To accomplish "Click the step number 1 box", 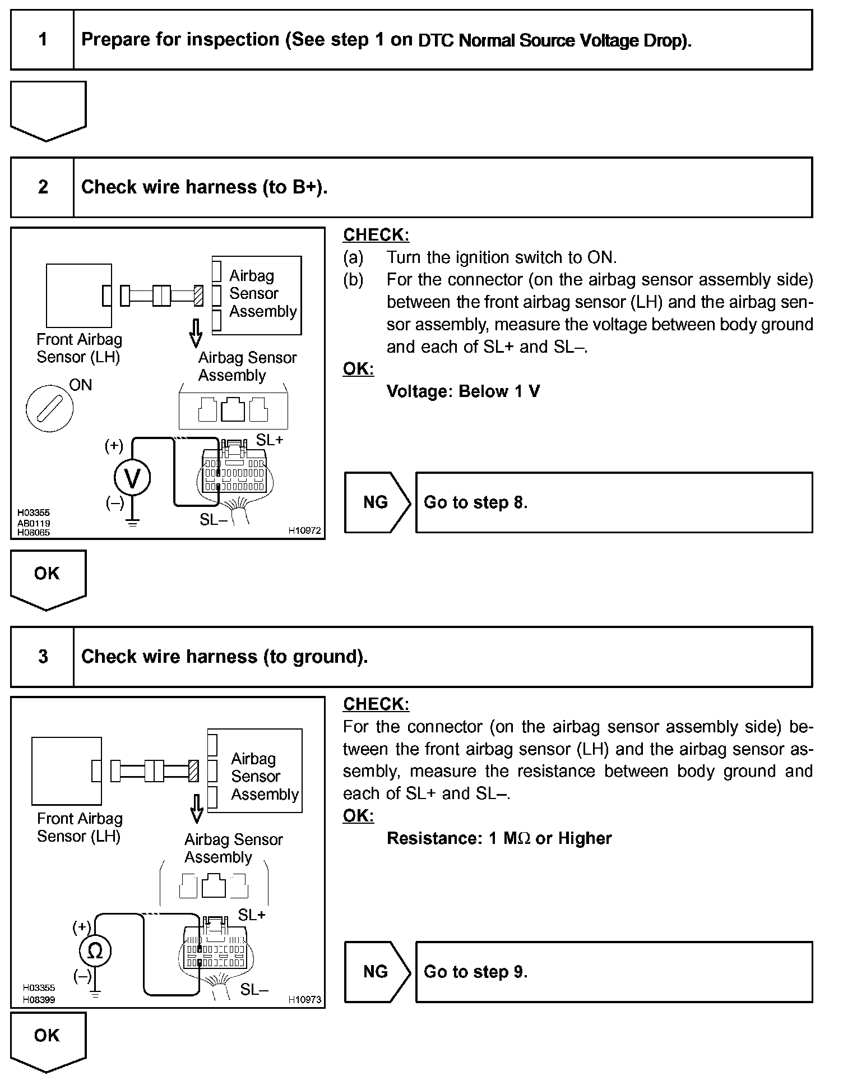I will pyautogui.click(x=43, y=40).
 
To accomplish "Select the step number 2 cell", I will pyautogui.click(x=43, y=187).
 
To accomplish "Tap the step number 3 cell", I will pyautogui.click(x=43, y=657).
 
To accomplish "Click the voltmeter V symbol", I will pyautogui.click(x=132, y=478).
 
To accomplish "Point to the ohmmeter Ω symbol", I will pyautogui.click(x=95, y=951).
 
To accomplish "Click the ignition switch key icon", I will pyautogui.click(x=49, y=408).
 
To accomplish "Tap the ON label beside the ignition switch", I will pyautogui.click(x=80, y=385).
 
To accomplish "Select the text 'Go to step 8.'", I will pyautogui.click(x=475, y=502).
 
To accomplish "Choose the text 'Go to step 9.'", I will pyautogui.click(x=475, y=972).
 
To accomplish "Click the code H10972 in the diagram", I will pyautogui.click(x=304, y=530).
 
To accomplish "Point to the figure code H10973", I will pyautogui.click(x=304, y=999).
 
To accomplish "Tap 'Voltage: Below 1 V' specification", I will pyautogui.click(x=463, y=391).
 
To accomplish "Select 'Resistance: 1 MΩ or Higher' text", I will pyautogui.click(x=499, y=838).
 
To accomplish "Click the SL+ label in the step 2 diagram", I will pyautogui.click(x=270, y=440).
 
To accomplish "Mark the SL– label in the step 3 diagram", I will pyautogui.click(x=254, y=990).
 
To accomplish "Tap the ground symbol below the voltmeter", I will pyautogui.click(x=132, y=523).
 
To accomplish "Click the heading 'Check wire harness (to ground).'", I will pyautogui.click(x=224, y=657).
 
